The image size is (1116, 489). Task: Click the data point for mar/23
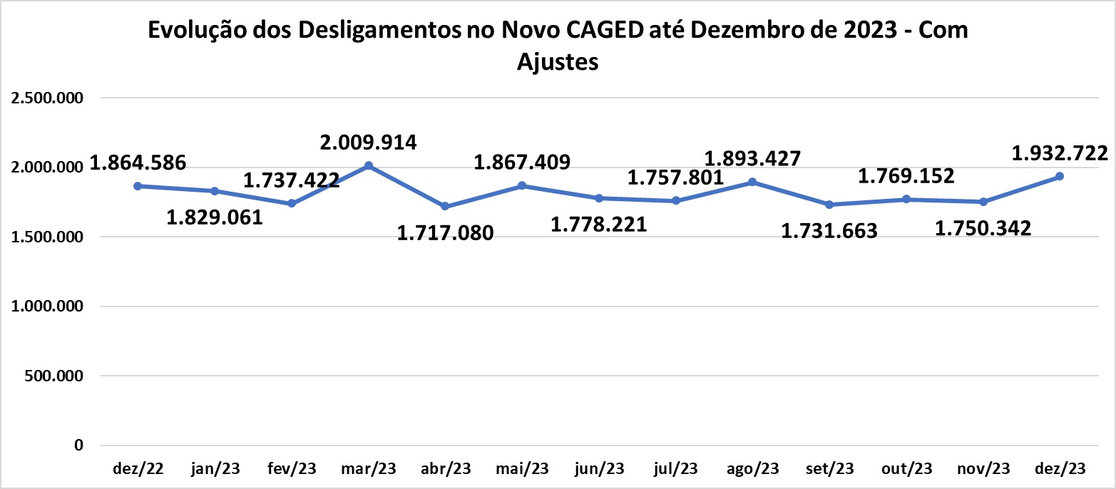369,166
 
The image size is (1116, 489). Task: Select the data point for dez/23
1060,176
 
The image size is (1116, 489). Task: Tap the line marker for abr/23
445,206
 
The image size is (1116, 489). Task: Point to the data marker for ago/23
752,182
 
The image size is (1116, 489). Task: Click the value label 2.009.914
369,143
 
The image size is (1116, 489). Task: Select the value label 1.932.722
1060,153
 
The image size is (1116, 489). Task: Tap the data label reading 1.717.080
445,232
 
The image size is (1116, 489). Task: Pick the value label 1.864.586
138,163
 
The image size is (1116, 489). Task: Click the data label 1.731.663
829,231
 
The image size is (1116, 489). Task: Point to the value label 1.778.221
599,225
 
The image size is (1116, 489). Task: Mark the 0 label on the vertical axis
78,446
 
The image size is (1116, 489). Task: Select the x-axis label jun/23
599,469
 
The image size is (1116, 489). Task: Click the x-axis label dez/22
138,469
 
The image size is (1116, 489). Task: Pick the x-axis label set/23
829,469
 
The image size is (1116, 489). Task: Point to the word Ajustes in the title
557,62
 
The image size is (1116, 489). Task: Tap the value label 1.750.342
983,228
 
